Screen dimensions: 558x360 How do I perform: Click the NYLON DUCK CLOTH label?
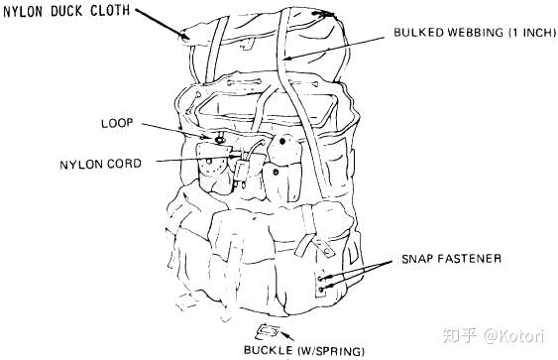pos(66,11)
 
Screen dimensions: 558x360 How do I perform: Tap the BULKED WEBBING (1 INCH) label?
pos(475,33)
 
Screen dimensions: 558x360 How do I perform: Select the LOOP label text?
pos(117,123)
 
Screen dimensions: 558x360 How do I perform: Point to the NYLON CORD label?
pos(101,165)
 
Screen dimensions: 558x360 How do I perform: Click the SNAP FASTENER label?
pos(452,259)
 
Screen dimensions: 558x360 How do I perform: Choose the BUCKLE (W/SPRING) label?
pos(304,350)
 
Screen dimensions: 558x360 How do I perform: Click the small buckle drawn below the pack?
pos(268,332)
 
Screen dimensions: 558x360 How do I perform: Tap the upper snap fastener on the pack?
pos(320,278)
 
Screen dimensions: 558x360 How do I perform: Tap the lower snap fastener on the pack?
pos(321,290)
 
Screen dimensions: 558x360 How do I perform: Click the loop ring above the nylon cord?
pos(219,140)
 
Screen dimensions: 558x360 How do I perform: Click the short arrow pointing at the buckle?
pos(287,336)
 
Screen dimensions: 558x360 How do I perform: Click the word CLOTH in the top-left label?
pos(110,11)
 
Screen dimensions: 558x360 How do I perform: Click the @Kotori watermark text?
pos(513,336)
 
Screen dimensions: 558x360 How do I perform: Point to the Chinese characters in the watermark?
pos(460,336)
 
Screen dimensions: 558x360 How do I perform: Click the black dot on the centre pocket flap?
pos(282,142)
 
